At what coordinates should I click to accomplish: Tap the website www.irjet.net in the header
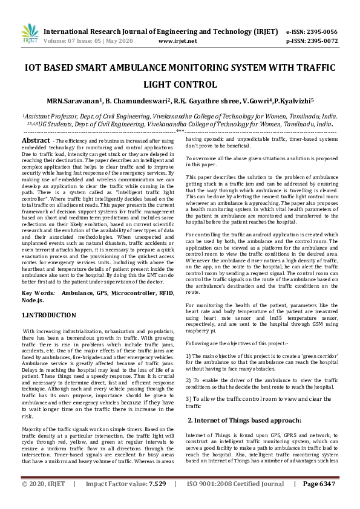tap(177, 41)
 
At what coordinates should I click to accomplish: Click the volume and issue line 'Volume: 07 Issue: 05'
tap(82, 41)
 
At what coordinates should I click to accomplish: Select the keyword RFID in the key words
tap(165, 292)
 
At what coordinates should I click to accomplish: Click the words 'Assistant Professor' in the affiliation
tap(45, 115)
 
